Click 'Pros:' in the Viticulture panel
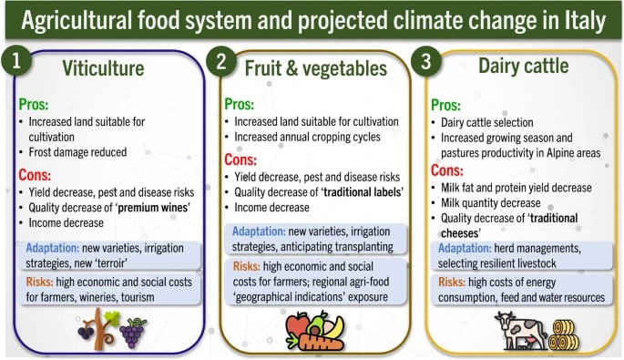click(x=36, y=103)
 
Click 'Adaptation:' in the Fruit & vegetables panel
click(x=264, y=231)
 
